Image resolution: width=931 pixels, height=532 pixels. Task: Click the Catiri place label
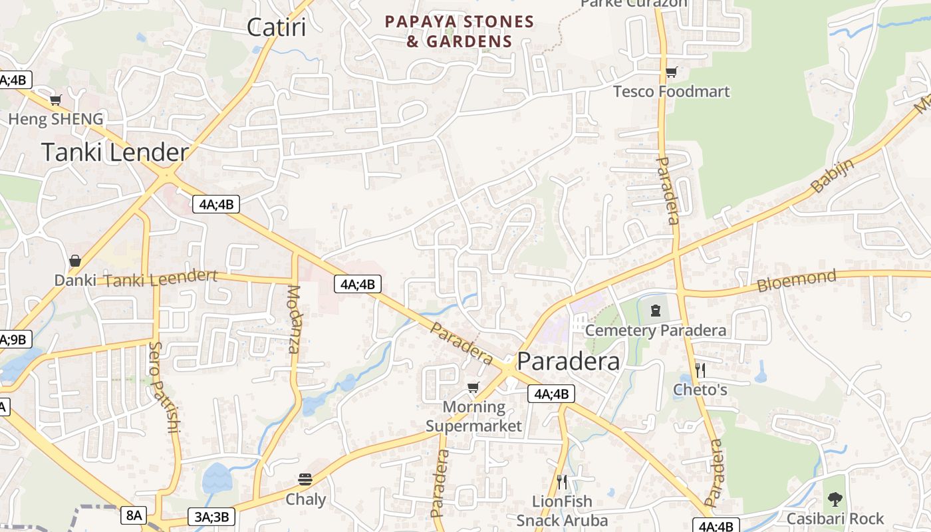coord(276,27)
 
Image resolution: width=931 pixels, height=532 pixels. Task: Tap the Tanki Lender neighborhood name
coord(115,152)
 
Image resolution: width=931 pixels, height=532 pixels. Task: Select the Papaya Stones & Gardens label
coord(460,31)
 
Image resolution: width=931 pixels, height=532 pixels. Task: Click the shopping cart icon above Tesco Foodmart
coord(672,72)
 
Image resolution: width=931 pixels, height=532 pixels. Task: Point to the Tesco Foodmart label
coord(671,91)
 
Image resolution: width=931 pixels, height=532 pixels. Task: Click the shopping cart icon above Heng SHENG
coord(56,100)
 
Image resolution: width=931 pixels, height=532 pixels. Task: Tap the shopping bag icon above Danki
coord(75,261)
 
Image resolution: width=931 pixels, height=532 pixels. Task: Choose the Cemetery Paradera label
coord(656,331)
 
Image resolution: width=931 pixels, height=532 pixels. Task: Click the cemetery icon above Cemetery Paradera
coord(656,310)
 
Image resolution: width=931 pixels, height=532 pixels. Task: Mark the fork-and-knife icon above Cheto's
coord(700,370)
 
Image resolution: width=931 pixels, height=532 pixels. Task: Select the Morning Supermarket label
coord(474,416)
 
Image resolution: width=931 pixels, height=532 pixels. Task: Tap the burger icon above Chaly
coord(305,479)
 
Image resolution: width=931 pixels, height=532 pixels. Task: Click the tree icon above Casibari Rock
coord(835,499)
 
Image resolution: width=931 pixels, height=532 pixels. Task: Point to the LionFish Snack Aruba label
coord(562,511)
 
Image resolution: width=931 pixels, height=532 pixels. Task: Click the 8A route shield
coord(134,515)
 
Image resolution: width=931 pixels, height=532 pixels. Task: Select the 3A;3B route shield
coord(212,516)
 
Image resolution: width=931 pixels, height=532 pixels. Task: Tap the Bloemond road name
coord(797,281)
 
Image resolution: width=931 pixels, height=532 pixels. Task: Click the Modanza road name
coord(293,319)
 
